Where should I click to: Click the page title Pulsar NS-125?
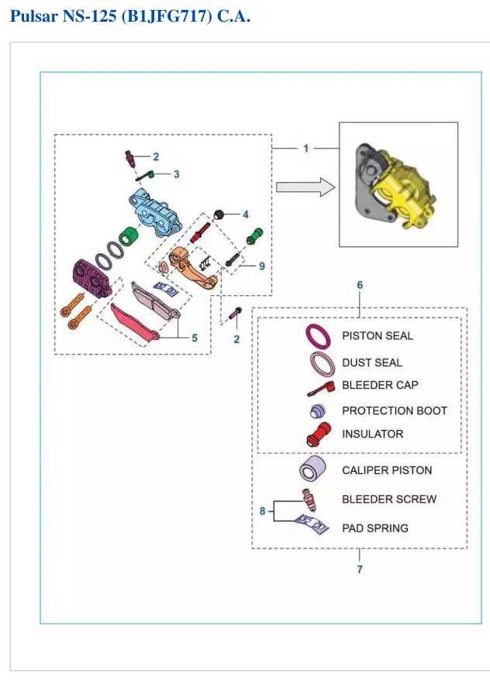point(64,16)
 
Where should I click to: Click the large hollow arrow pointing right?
point(305,187)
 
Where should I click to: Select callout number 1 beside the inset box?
point(305,149)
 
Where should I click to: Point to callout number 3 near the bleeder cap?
point(176,174)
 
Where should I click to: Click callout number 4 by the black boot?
point(246,214)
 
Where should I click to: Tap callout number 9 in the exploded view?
point(262,266)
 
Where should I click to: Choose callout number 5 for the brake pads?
point(195,338)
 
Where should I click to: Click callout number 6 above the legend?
point(360,285)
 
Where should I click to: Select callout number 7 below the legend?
point(360,569)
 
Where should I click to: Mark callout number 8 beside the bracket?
point(262,511)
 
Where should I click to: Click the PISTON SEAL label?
point(378,335)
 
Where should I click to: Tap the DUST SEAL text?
point(371,363)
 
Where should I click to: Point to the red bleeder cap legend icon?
point(321,389)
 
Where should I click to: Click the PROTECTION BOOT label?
point(395,411)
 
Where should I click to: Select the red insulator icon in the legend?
point(319,434)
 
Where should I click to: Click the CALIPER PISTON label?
point(387,470)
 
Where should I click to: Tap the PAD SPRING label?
point(374,528)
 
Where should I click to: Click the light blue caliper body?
point(155,212)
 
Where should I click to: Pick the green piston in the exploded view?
point(129,236)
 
